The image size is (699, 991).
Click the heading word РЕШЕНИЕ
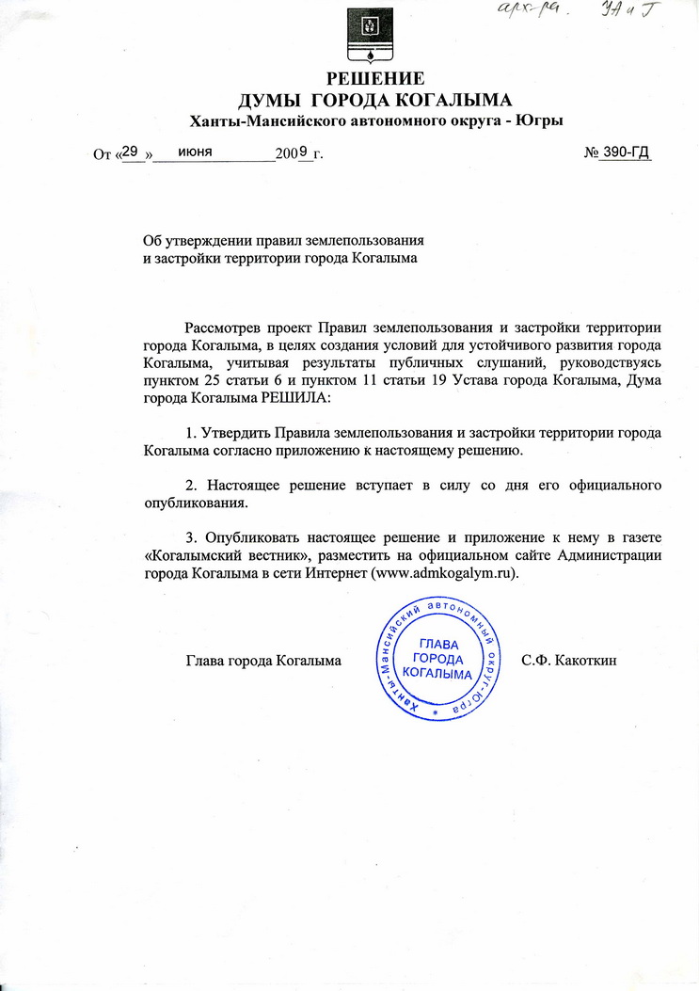374,78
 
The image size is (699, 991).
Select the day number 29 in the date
131,151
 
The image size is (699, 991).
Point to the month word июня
195,152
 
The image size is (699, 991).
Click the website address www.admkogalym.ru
446,572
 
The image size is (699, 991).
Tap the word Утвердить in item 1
237,433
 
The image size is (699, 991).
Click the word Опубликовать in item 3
251,537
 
